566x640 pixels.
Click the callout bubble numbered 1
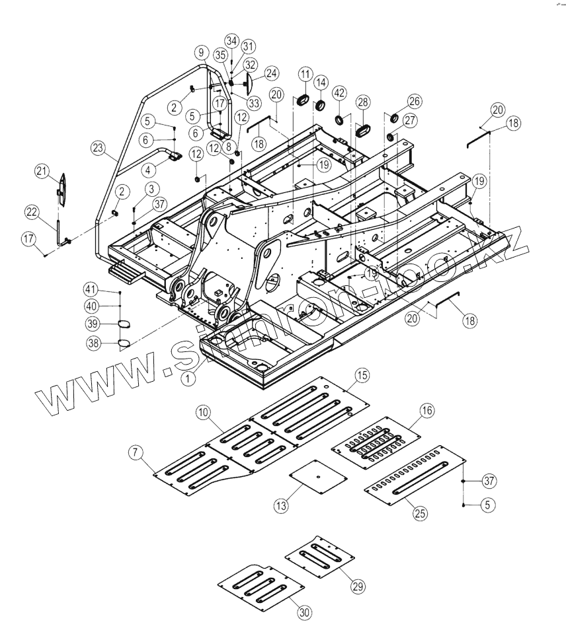point(190,377)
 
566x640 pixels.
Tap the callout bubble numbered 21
point(42,172)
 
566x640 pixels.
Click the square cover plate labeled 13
point(317,478)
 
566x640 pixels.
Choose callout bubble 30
point(303,612)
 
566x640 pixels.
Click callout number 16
point(426,411)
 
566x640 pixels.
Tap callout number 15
point(361,375)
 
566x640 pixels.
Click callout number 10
point(204,412)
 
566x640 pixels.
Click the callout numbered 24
point(271,73)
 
